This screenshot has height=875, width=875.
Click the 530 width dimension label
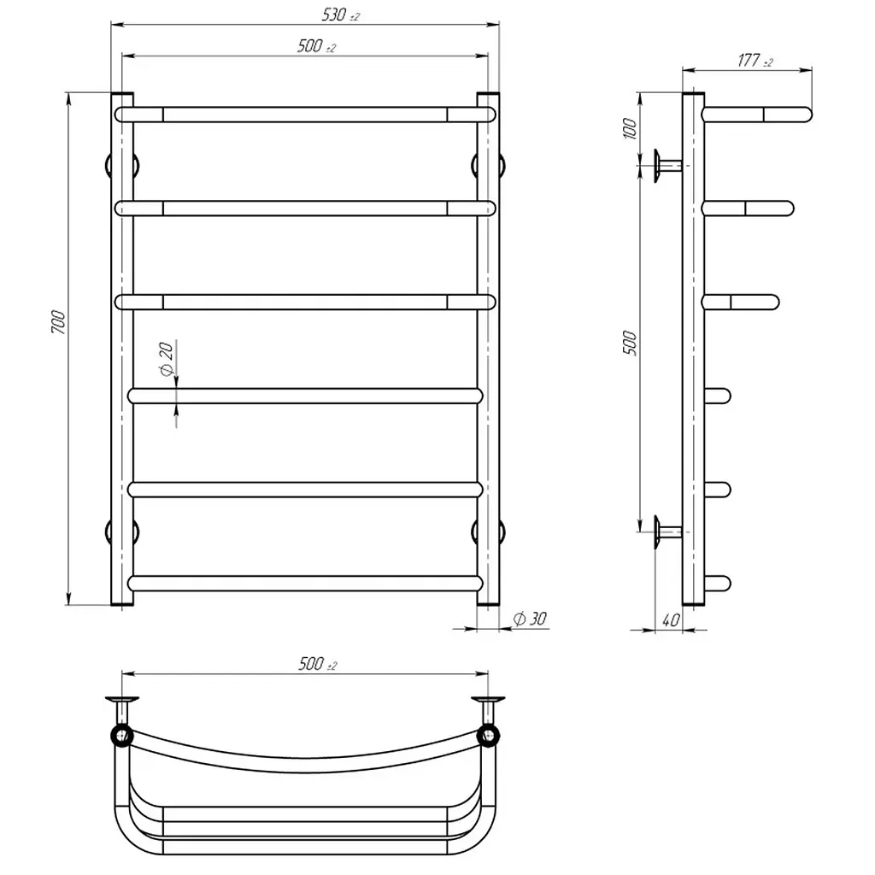(340, 15)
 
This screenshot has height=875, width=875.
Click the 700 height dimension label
(58, 322)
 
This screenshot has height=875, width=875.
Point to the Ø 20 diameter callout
(167, 358)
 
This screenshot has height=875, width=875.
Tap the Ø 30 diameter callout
(530, 619)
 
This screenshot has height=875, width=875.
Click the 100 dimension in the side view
(630, 128)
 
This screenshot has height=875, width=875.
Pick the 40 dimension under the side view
(671, 620)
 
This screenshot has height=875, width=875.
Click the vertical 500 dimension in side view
(630, 343)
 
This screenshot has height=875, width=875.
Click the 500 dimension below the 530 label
(316, 46)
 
